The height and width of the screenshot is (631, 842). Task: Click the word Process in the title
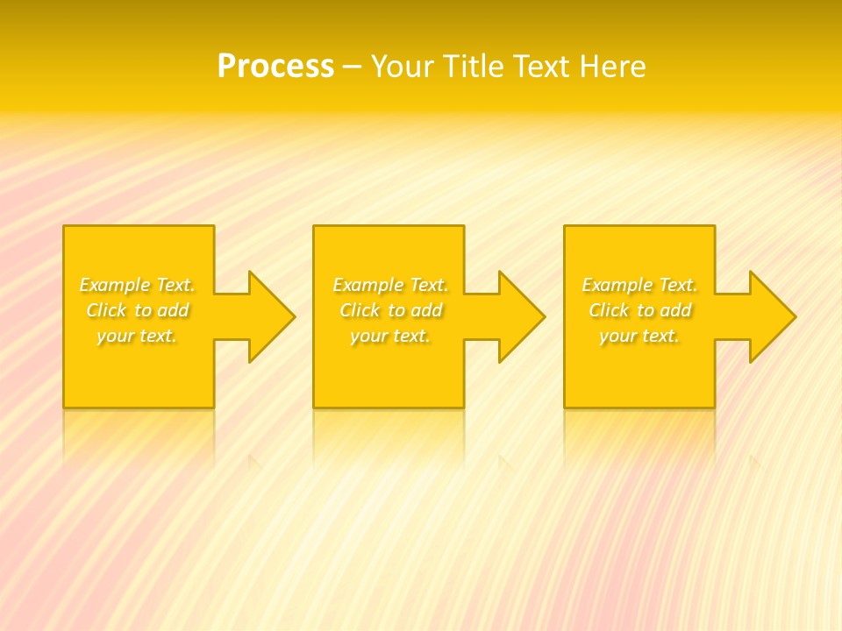click(275, 67)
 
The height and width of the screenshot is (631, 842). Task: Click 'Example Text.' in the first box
click(138, 285)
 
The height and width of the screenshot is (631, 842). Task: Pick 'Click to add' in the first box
click(138, 310)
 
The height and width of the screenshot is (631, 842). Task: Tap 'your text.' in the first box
click(137, 336)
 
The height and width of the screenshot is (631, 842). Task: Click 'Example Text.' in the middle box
click(390, 285)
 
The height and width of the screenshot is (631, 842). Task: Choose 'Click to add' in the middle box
click(390, 310)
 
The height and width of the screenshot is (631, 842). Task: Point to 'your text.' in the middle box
click(390, 336)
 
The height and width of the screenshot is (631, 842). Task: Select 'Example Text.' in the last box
click(639, 285)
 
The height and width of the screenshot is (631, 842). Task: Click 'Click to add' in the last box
click(639, 310)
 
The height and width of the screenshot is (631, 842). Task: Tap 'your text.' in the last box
click(639, 336)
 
